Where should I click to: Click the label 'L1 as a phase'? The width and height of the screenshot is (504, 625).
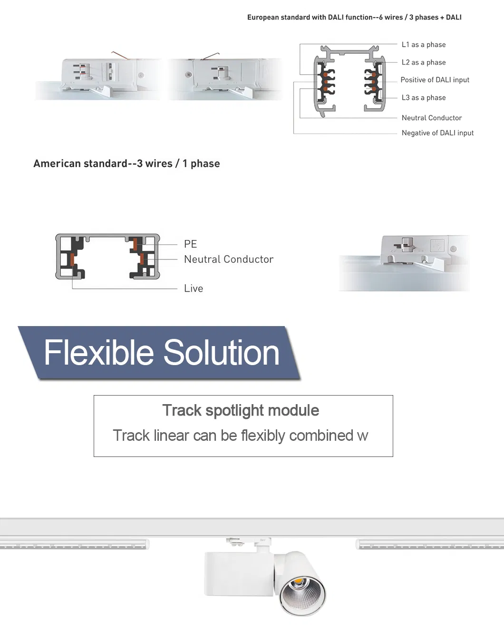pyautogui.click(x=423, y=45)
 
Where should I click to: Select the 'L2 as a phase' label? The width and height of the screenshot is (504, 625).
pyautogui.click(x=423, y=62)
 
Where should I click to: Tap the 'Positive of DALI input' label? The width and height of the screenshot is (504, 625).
pyautogui.click(x=435, y=80)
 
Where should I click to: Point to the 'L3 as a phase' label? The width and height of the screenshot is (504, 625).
pyautogui.click(x=423, y=98)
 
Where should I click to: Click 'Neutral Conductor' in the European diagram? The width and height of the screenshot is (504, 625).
pyautogui.click(x=431, y=118)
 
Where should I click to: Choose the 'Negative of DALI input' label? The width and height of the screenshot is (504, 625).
pyautogui.click(x=437, y=133)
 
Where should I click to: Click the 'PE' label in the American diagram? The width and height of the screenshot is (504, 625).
pyautogui.click(x=190, y=244)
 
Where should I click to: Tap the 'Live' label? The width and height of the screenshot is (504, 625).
pyautogui.click(x=193, y=288)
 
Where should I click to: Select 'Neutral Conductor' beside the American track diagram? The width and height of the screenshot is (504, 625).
pyautogui.click(x=228, y=259)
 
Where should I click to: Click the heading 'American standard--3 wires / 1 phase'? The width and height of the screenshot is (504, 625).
pyautogui.click(x=126, y=164)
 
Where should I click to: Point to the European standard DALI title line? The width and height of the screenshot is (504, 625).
pyautogui.click(x=354, y=18)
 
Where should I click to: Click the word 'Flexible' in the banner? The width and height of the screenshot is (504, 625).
pyautogui.click(x=99, y=353)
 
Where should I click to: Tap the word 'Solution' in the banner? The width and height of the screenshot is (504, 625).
pyautogui.click(x=221, y=353)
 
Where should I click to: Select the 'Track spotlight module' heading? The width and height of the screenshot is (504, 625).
pyautogui.click(x=241, y=410)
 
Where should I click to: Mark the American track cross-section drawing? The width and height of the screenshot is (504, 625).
pyautogui.click(x=108, y=257)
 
